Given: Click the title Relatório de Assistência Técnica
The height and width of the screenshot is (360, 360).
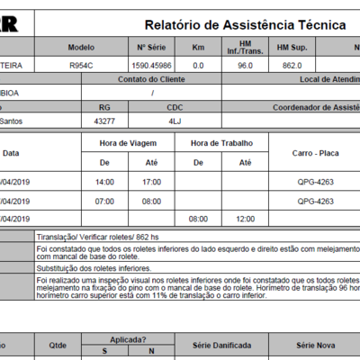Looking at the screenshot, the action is click(x=245, y=24).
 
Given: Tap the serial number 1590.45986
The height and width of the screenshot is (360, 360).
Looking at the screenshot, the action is click(x=154, y=66).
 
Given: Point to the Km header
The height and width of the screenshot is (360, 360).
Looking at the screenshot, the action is click(x=198, y=47).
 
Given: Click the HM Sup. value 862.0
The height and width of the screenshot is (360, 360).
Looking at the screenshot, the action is click(x=289, y=66).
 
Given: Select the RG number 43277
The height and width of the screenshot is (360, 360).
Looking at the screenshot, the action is click(x=103, y=120).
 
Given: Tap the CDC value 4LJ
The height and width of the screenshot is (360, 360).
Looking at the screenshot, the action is click(x=175, y=120).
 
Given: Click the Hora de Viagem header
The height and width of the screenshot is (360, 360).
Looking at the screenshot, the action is click(x=130, y=143).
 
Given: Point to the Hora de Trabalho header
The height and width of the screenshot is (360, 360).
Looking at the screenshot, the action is click(x=221, y=143).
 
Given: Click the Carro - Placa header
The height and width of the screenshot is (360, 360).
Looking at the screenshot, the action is click(x=314, y=153).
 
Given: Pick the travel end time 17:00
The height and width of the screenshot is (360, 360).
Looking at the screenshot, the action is click(x=151, y=182).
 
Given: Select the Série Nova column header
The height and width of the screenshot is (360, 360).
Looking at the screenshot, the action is click(x=316, y=346).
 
